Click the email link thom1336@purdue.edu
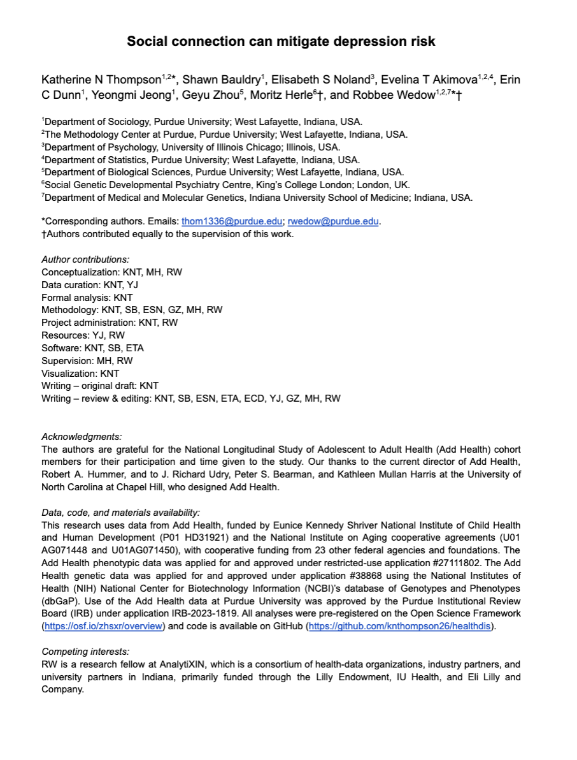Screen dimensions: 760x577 point(232,222)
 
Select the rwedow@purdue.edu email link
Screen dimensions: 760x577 point(333,222)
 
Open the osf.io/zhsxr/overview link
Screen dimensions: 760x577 point(103,626)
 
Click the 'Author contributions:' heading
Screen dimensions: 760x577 point(85,259)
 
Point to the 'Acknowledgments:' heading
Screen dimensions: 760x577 point(82,437)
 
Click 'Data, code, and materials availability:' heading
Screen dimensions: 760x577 point(120,512)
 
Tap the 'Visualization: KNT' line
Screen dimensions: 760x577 point(80,374)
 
